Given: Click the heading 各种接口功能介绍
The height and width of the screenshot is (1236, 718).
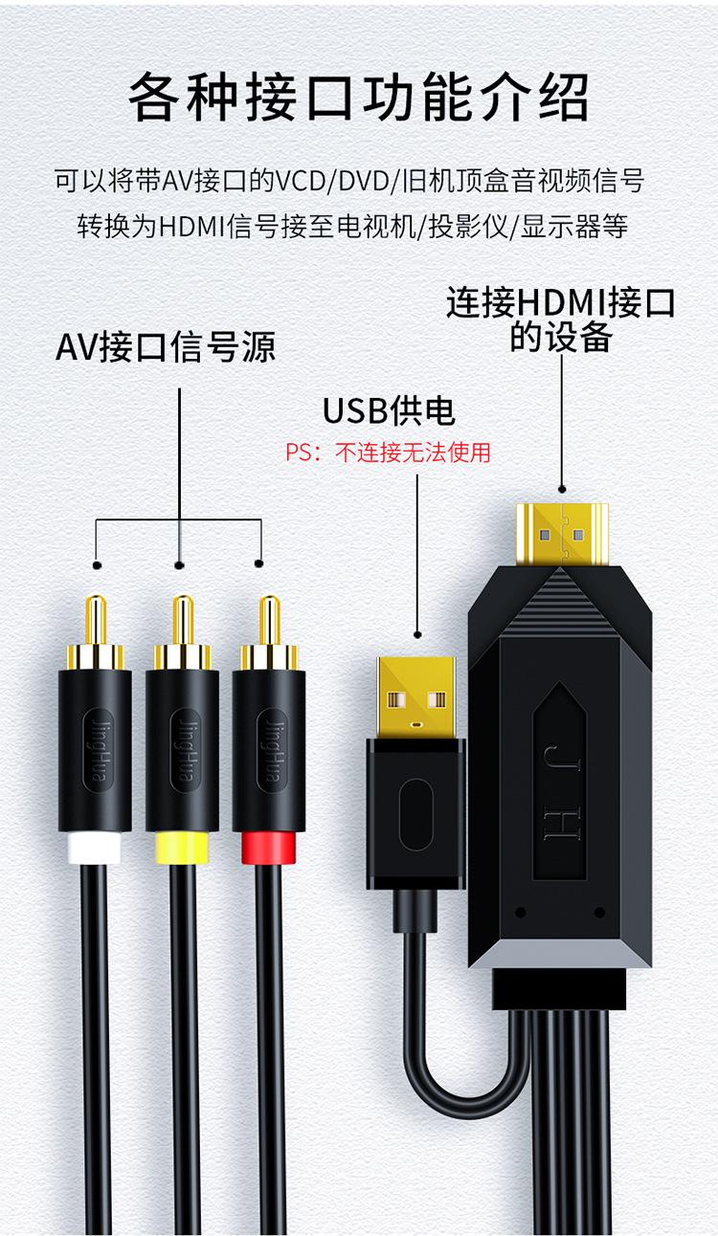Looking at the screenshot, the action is click(359, 99).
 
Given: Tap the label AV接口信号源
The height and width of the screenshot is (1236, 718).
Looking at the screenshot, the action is click(166, 346).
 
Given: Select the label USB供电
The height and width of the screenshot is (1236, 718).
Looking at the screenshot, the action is click(389, 410).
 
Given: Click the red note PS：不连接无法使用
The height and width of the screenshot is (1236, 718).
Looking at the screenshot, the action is click(389, 452).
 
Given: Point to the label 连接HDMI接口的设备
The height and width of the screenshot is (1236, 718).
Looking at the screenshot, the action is click(561, 320).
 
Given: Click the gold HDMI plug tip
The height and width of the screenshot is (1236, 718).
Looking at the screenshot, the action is click(562, 532).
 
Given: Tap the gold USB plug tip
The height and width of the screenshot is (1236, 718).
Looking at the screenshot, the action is click(417, 694).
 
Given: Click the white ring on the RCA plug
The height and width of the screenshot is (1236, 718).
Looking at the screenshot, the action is click(94, 849).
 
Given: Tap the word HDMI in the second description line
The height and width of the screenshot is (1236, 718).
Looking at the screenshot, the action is click(191, 227).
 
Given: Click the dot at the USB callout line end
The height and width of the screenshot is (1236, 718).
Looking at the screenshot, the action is click(417, 633).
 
